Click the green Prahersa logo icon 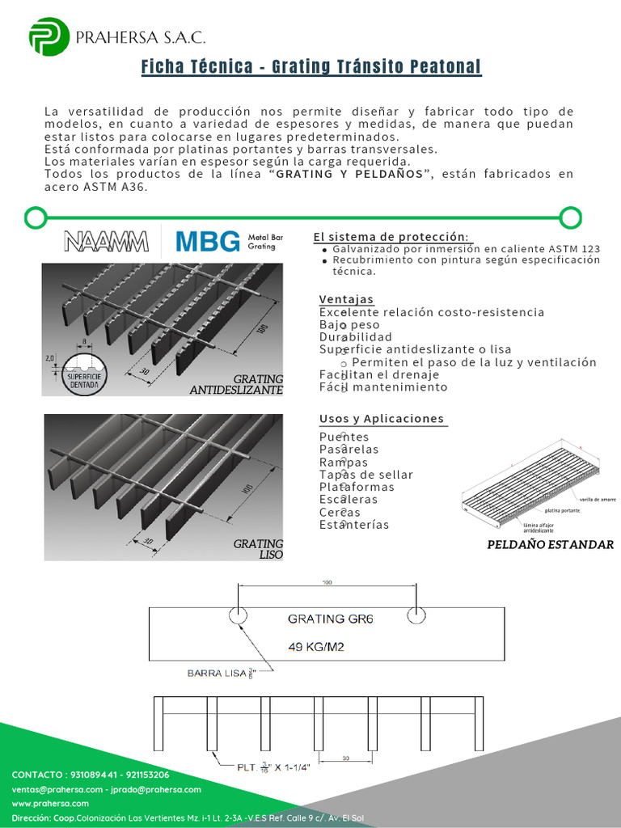click(x=49, y=36)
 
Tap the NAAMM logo click(x=106, y=241)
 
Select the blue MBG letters click(x=208, y=241)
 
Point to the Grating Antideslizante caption click(x=236, y=384)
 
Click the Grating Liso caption click(x=259, y=550)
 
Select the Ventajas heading click(x=346, y=298)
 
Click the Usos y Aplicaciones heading click(x=382, y=419)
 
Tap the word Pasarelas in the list click(x=349, y=450)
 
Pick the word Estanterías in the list click(x=354, y=525)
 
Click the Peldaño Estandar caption click(x=550, y=544)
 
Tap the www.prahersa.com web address click(x=50, y=803)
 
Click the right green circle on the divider click(x=571, y=217)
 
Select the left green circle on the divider click(x=35, y=217)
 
